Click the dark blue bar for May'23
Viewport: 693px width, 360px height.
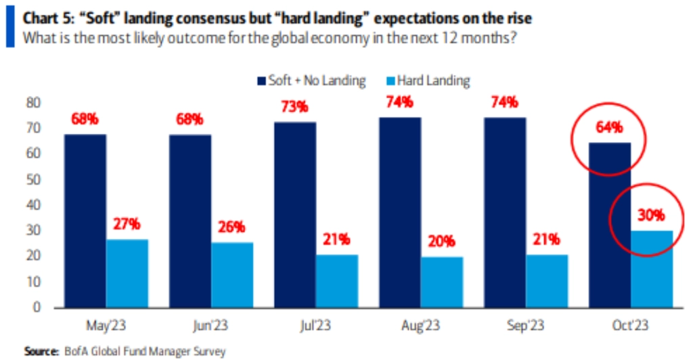(x=85, y=221)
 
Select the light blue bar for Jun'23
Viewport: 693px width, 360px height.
(x=232, y=274)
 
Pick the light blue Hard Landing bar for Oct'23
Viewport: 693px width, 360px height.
(x=652, y=269)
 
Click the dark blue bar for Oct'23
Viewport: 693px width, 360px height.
(x=610, y=225)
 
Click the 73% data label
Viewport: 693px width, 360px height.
(x=294, y=107)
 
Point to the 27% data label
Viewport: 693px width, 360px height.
(x=127, y=224)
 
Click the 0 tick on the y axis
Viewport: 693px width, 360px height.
(x=38, y=307)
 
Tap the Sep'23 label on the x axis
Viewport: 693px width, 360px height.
(x=526, y=324)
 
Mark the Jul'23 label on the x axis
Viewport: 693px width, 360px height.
(x=316, y=324)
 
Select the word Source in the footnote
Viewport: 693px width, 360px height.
(x=39, y=351)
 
